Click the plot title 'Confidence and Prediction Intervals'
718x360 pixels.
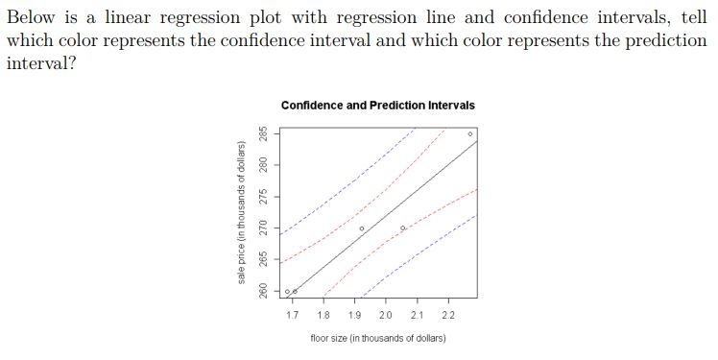377,105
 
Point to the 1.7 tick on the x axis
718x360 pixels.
292,315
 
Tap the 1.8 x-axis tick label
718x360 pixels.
323,315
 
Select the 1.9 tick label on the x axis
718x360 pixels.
354,315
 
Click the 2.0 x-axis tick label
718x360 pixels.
386,315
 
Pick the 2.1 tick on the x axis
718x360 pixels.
417,315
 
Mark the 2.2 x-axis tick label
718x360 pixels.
448,315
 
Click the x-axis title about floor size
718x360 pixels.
377,338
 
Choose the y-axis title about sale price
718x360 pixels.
240,211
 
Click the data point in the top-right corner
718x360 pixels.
469,133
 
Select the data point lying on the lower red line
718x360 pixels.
403,228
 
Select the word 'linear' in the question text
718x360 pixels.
108,18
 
